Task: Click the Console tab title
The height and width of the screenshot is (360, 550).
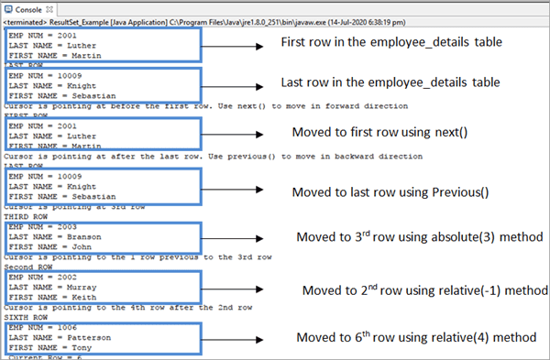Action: pyautogui.click(x=27, y=7)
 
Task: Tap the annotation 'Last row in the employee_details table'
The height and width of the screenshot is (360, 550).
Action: pyautogui.click(x=390, y=82)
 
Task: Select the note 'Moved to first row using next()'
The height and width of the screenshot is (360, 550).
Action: pyautogui.click(x=379, y=132)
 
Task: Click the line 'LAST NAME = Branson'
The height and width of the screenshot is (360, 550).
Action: pyautogui.click(x=45, y=237)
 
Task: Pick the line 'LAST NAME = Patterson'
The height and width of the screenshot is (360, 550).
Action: pyautogui.click(x=49, y=338)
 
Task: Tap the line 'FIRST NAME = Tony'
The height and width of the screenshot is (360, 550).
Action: pyautogui.click(x=40, y=347)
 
